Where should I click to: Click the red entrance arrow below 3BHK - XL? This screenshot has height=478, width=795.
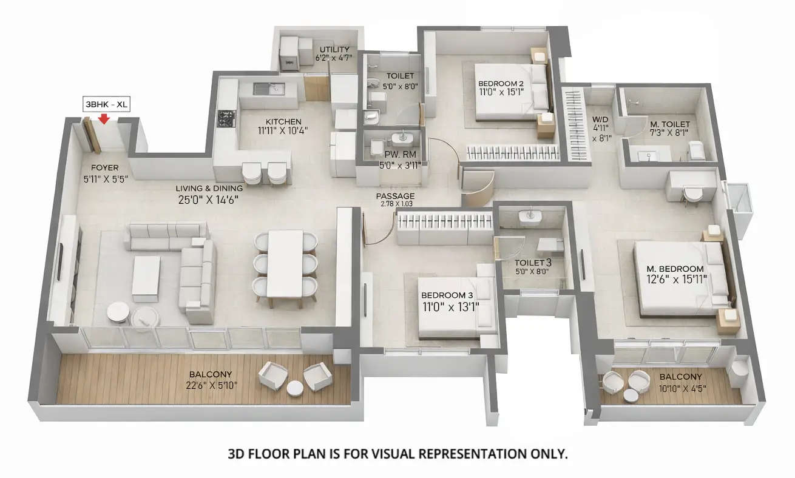[x=104, y=118]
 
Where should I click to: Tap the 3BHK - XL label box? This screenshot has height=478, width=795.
[x=106, y=104]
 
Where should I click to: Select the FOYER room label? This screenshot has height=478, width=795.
[x=104, y=167]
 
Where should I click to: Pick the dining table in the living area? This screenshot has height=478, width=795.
[x=285, y=263]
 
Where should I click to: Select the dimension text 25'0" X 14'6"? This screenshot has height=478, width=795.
[x=202, y=198]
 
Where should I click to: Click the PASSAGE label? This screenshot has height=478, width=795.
[x=395, y=196]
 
